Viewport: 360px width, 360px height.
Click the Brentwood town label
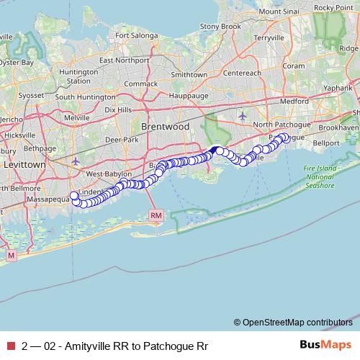(x=165, y=126)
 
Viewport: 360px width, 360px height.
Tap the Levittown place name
(x=23, y=165)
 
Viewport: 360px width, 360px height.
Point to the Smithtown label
(x=189, y=74)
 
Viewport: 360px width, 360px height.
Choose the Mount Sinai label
(x=279, y=12)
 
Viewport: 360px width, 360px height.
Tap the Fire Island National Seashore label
(x=319, y=176)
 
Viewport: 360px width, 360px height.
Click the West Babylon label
(x=109, y=174)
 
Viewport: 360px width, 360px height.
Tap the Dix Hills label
(x=120, y=109)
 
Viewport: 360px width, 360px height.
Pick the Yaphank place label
(x=343, y=90)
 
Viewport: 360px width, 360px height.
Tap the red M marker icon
(x=11, y=255)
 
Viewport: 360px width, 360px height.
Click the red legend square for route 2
(x=9, y=346)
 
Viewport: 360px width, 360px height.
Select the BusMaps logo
(x=325, y=346)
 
